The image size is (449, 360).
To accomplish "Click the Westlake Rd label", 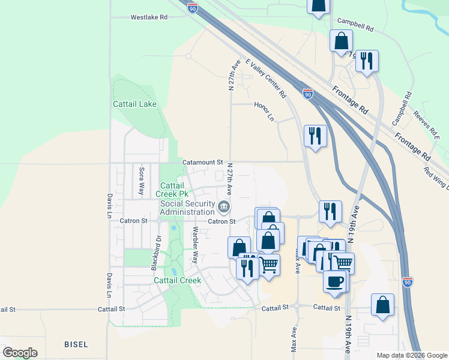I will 149,17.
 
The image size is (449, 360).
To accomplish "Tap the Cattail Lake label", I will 134,104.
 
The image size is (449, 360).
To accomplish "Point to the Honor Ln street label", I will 264,111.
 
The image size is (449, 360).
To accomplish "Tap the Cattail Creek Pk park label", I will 174,190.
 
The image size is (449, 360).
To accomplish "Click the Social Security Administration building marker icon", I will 224,207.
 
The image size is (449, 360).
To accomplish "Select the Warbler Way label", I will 194,245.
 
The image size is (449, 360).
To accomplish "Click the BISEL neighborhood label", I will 76,344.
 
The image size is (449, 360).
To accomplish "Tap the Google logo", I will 20,352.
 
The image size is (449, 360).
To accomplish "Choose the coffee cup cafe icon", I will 334,280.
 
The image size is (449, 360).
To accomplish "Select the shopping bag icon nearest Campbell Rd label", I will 341,41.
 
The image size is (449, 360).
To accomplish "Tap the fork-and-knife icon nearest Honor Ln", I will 315,135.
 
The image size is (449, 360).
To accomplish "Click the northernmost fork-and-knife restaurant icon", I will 367,61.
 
